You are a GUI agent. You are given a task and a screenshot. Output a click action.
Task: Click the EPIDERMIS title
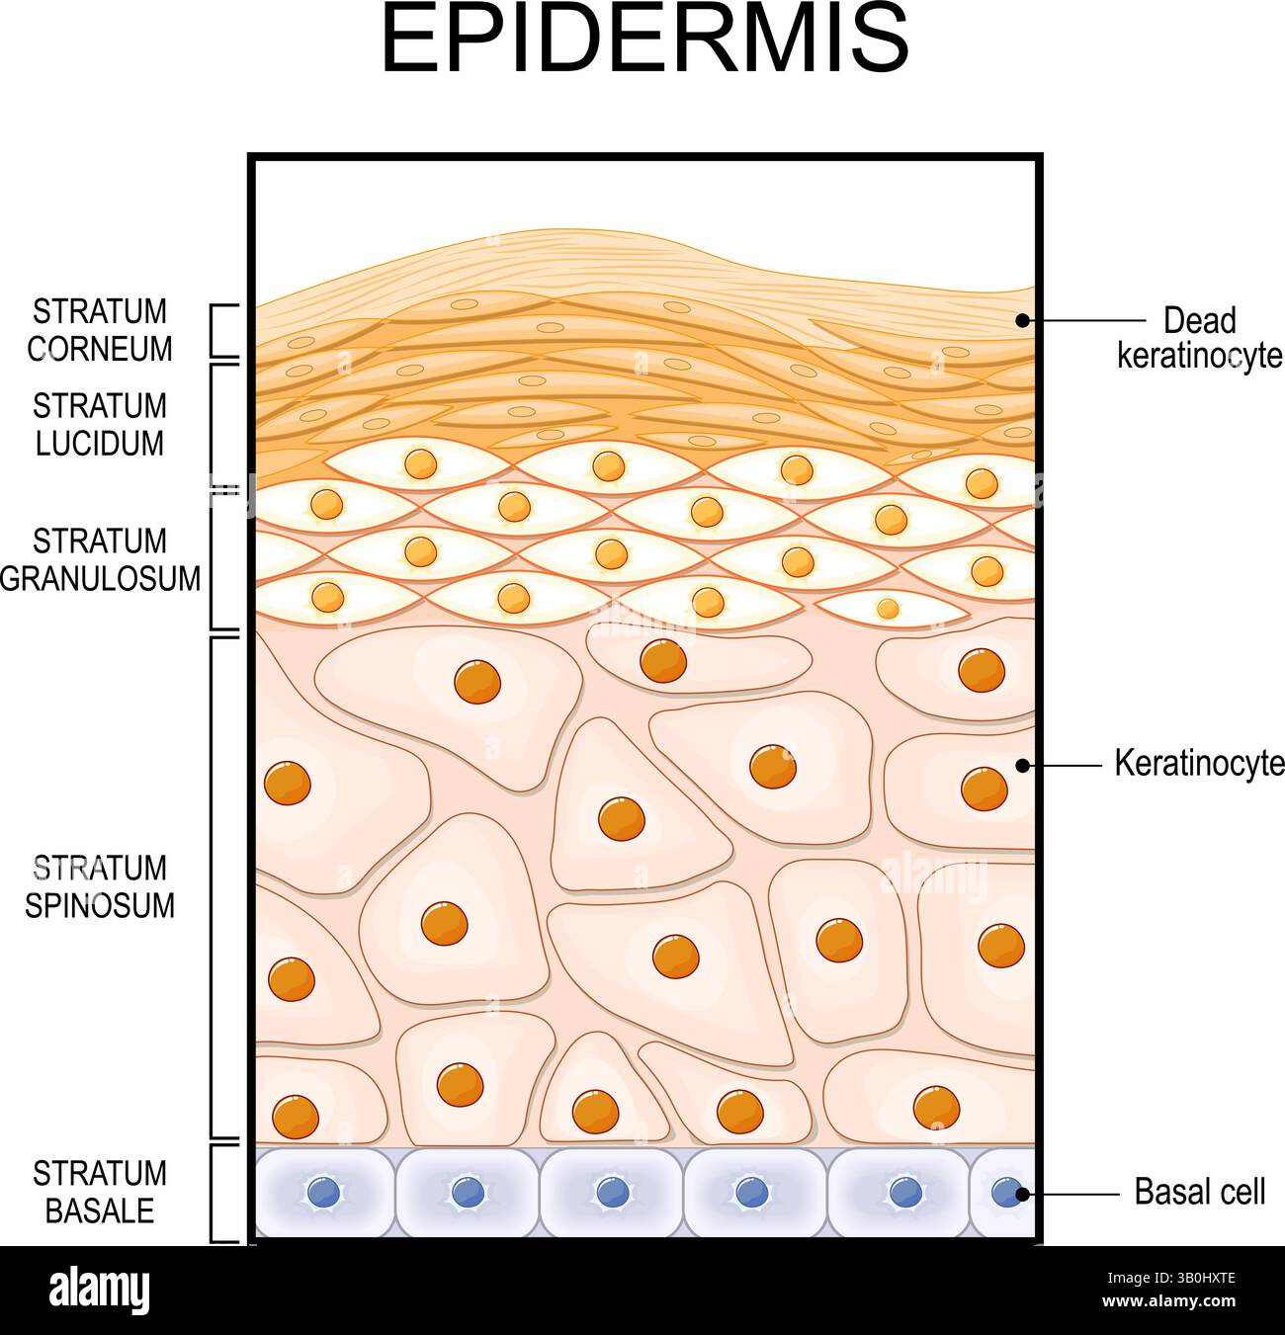644,40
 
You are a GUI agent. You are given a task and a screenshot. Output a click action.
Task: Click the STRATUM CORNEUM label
100,330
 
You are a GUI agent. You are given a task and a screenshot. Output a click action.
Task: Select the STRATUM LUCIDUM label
100,424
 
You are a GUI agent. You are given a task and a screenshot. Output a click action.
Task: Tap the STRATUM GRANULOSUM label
100,559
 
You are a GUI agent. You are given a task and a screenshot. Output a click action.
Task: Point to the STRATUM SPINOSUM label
100,886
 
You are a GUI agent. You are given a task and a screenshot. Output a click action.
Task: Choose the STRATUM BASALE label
100,1192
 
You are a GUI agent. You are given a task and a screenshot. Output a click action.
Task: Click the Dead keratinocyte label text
1199,338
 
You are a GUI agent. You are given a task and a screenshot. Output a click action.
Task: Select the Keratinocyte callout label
1199,763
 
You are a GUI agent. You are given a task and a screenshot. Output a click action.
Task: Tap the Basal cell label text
1199,1192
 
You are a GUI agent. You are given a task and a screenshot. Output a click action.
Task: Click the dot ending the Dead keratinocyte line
1023,320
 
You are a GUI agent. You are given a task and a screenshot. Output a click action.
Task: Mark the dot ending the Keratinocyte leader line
1023,765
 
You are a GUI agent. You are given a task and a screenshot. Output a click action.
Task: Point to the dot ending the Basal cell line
1023,1194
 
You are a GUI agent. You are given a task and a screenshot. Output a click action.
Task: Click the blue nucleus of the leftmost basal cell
323,1191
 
